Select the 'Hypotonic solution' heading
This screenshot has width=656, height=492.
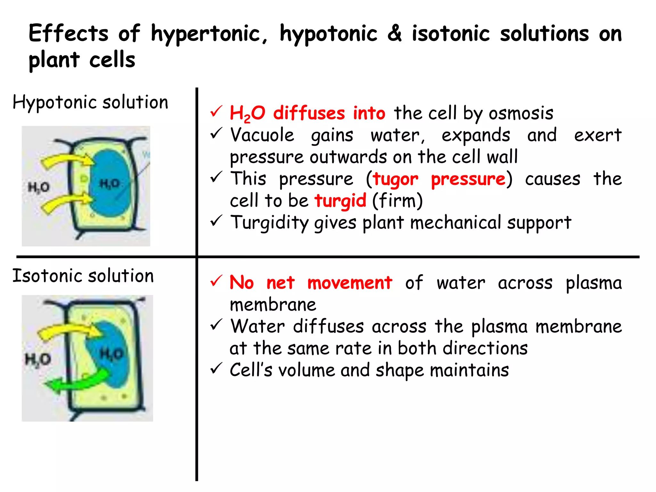pos(90,102)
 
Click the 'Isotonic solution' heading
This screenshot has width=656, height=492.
pos(83,276)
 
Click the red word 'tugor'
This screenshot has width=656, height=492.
pos(396,180)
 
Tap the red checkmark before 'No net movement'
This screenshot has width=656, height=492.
pos(216,281)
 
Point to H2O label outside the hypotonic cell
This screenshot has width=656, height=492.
pos(39,187)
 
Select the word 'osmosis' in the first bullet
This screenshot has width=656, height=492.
pos(521,113)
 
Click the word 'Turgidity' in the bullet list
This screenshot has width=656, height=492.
pos(269,223)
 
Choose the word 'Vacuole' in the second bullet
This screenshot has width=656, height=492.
pos(262,135)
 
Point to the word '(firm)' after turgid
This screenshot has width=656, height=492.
pos(398,201)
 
